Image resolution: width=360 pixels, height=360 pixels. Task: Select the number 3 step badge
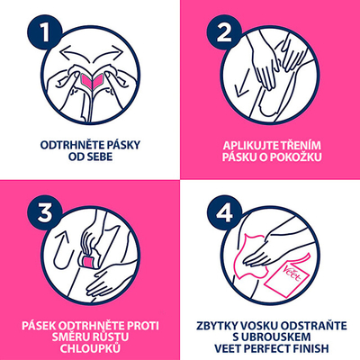(x=45, y=211)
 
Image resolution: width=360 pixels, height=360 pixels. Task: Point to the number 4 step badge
(x=224, y=211)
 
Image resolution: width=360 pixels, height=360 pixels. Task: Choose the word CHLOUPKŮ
(x=90, y=348)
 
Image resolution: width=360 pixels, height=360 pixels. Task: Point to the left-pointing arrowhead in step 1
(x=64, y=51)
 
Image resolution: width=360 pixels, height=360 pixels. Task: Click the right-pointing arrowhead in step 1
(x=119, y=51)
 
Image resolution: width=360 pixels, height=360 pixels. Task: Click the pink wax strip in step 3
(x=89, y=260)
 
